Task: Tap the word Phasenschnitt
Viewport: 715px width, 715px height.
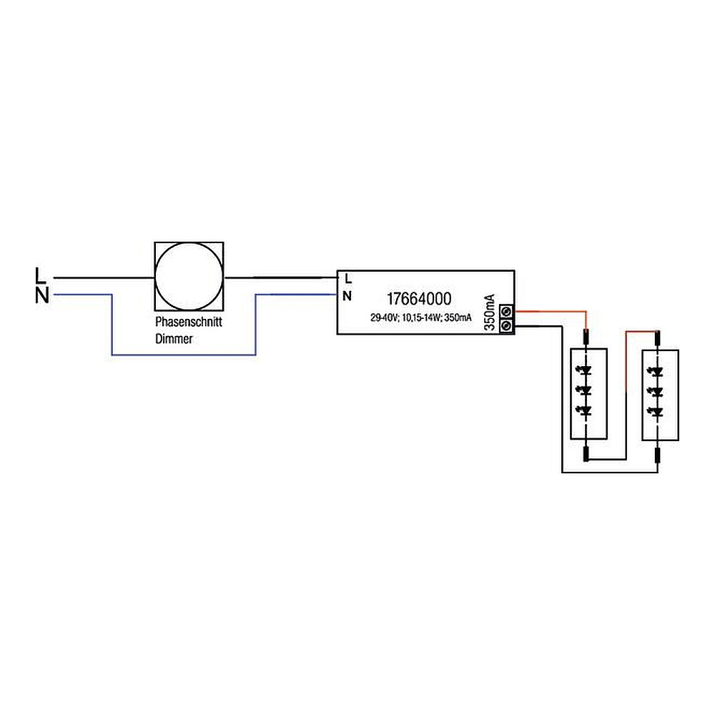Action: click(189, 322)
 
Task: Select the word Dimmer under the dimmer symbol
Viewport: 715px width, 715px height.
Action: click(174, 340)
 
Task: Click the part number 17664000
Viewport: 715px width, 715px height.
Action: click(419, 300)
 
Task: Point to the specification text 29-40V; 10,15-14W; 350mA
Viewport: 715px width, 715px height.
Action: click(420, 318)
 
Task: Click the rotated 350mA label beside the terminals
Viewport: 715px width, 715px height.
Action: click(489, 312)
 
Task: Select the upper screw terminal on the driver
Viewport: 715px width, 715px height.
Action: click(507, 312)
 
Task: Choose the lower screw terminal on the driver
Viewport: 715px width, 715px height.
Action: click(507, 326)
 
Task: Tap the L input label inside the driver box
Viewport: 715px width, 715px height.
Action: click(348, 278)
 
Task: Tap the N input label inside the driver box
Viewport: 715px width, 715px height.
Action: click(348, 295)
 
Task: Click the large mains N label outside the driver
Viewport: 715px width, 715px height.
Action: click(42, 295)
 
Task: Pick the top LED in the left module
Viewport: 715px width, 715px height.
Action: click(587, 371)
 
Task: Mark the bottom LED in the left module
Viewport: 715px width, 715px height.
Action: click(587, 410)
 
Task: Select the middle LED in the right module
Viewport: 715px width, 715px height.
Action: click(658, 390)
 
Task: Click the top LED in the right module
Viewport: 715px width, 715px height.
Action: click(658, 371)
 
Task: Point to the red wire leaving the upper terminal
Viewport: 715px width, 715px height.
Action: click(551, 312)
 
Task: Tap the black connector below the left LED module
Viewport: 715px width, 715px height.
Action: click(587, 454)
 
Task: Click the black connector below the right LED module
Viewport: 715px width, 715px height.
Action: click(658, 454)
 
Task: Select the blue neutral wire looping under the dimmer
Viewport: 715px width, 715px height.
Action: click(184, 355)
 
